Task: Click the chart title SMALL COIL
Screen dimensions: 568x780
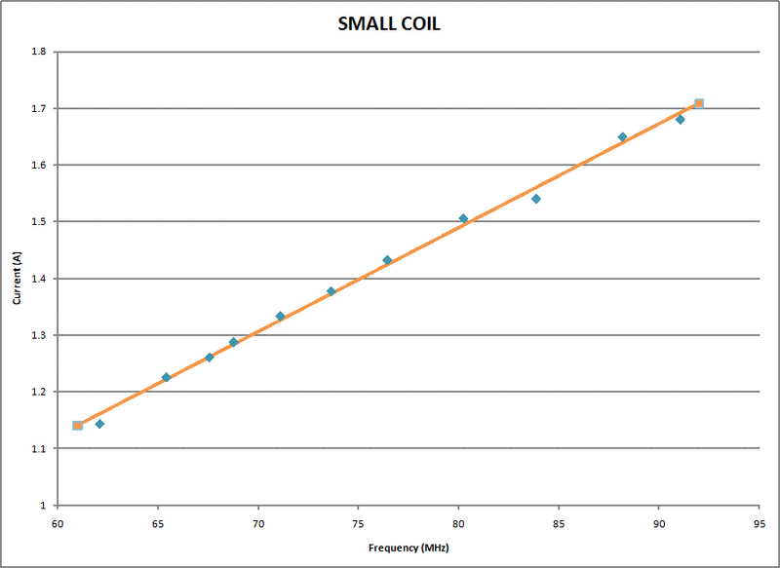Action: (x=389, y=24)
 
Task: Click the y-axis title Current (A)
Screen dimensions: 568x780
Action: (x=17, y=278)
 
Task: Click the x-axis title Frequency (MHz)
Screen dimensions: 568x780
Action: (x=408, y=549)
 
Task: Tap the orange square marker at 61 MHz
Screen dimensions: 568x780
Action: (x=78, y=426)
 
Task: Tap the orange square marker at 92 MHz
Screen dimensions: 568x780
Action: (x=699, y=103)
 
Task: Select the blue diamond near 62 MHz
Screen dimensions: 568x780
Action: (x=99, y=424)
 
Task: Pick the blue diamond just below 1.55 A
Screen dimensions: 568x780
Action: (x=536, y=199)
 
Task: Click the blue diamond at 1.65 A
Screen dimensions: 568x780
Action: (x=622, y=137)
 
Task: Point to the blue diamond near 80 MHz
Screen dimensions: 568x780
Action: (x=463, y=218)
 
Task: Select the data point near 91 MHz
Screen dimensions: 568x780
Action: (x=681, y=119)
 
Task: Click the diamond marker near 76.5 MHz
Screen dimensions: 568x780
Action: (x=387, y=260)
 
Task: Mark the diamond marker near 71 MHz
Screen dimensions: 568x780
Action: (x=280, y=317)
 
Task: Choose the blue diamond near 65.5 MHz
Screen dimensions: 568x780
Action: (x=166, y=377)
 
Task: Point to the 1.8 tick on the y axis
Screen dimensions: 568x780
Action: (x=40, y=52)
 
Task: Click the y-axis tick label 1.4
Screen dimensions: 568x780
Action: (x=40, y=279)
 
